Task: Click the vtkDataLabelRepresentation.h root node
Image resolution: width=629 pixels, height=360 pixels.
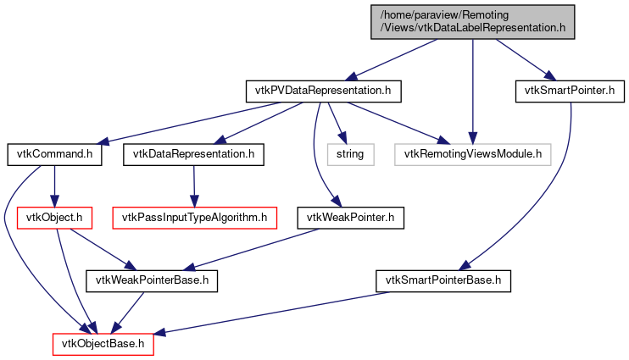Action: click(x=472, y=21)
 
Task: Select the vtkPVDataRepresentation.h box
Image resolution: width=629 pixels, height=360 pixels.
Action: click(x=322, y=90)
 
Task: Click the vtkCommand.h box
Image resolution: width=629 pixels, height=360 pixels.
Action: click(x=55, y=154)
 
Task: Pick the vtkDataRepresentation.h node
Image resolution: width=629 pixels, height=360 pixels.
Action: click(x=193, y=154)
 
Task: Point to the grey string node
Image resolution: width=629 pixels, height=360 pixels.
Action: click(x=349, y=154)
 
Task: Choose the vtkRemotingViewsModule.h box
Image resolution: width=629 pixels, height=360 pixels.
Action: click(x=473, y=154)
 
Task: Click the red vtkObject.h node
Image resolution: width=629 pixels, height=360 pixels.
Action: click(x=55, y=218)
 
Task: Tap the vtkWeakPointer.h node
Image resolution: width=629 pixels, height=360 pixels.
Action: click(x=350, y=218)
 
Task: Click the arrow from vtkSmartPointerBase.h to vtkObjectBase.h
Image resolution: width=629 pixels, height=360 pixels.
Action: click(x=280, y=313)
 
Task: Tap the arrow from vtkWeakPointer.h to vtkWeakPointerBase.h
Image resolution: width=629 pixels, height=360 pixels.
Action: click(x=254, y=249)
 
